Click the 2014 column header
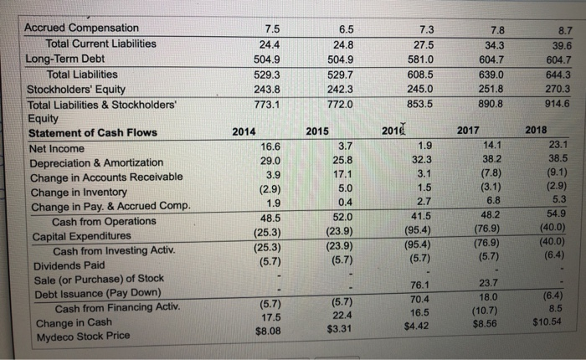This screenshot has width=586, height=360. coord(244,131)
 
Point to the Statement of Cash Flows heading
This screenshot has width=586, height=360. coord(93,133)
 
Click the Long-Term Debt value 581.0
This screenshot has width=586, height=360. coord(399,59)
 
